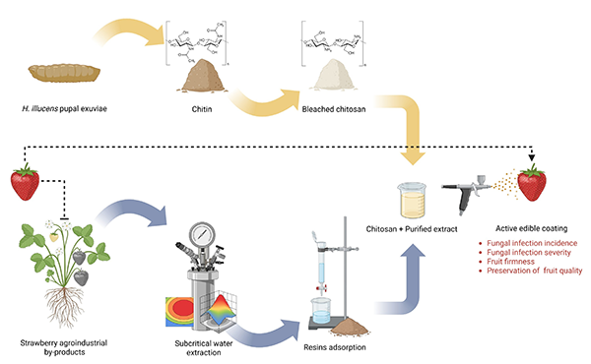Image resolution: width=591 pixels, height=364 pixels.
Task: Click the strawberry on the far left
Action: pos(25,182)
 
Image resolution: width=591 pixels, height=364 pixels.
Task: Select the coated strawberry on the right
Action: pos(533,182)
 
